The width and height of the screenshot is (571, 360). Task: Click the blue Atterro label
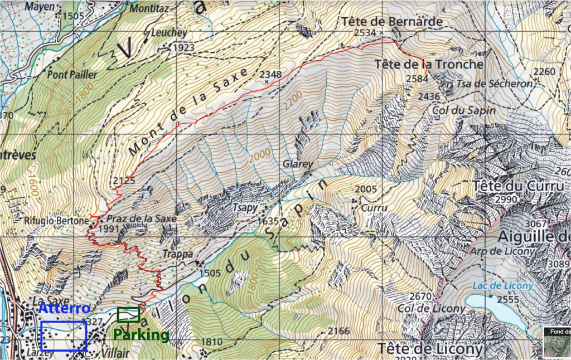[x=64, y=308]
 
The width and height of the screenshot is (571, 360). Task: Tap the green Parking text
[x=141, y=335]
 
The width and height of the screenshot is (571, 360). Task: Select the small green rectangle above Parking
[x=128, y=315]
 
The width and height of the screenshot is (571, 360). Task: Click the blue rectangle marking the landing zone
[x=64, y=335]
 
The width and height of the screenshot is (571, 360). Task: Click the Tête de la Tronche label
[x=428, y=64]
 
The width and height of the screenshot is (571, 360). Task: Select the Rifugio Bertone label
[x=56, y=221]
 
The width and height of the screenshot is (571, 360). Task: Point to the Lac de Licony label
[x=502, y=286]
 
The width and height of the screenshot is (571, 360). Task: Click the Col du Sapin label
[x=463, y=110]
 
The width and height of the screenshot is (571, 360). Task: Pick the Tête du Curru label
[x=518, y=186]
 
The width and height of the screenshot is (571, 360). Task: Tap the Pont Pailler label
[x=72, y=74]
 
